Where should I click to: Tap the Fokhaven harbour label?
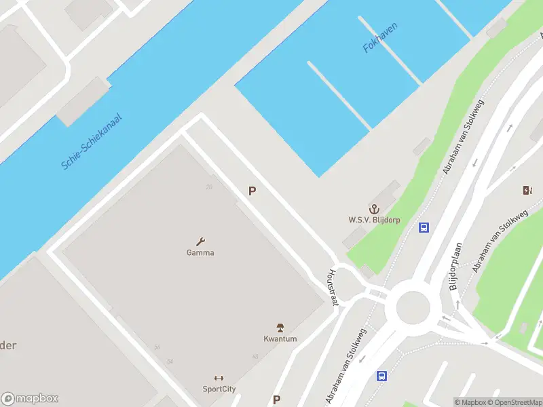tap(380, 38)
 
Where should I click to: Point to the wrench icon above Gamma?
tap(200, 241)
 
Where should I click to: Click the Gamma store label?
tap(200, 253)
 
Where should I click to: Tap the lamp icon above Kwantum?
tap(280, 328)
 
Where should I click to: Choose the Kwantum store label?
tap(280, 339)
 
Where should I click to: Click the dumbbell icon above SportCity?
tap(219, 378)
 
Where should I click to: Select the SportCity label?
tap(219, 389)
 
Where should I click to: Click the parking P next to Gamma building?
tap(252, 191)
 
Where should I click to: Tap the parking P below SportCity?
tap(276, 400)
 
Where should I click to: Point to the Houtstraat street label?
tap(333, 288)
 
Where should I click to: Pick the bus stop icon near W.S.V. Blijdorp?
tap(424, 227)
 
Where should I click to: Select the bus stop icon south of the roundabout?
tap(381, 376)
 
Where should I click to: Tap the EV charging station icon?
tap(527, 190)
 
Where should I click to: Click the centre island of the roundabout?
tap(412, 308)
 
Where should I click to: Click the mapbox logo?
tap(30, 399)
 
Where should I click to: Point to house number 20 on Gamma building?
tap(209, 187)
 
